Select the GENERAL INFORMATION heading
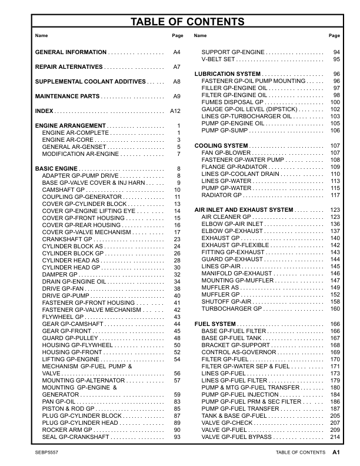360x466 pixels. [71, 52]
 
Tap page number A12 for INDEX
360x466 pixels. [175, 111]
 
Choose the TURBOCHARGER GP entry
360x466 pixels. [231, 308]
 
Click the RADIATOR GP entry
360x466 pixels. [221, 195]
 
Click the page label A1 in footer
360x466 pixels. [336, 452]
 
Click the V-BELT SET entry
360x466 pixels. [218, 59]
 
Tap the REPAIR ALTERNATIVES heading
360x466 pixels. [69, 67]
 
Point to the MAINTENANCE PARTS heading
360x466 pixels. [67, 96]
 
